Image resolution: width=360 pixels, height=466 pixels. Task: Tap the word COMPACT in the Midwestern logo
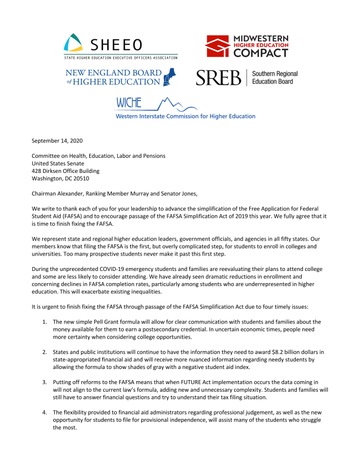(260, 53)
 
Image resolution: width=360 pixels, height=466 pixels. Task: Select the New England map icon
(171, 77)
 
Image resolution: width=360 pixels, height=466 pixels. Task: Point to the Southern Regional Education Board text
(275, 78)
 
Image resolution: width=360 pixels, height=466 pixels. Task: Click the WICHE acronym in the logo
(128, 103)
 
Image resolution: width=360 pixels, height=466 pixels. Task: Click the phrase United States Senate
(58, 163)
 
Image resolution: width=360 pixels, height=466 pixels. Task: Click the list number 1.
(45, 321)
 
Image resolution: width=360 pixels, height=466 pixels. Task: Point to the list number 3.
(45, 382)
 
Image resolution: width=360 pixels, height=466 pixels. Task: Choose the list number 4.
(45, 412)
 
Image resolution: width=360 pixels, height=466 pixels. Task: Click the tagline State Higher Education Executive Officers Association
(120, 57)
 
